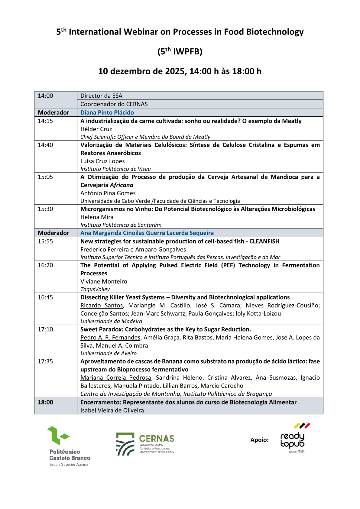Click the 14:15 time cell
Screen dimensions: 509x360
[45, 121]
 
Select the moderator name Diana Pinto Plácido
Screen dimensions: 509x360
[107, 112]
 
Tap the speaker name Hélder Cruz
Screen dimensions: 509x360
[96, 129]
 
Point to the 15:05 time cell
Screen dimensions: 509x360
[45, 177]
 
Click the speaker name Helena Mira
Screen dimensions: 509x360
[97, 217]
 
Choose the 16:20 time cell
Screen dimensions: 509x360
[45, 265]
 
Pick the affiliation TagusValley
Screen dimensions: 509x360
[95, 289]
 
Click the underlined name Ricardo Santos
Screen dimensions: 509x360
[102, 305]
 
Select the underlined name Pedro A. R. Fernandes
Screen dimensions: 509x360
[110, 337]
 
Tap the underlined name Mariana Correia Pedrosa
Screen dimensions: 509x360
[116, 378]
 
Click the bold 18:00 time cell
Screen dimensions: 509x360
[45, 402]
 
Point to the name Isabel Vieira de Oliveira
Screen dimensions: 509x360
[112, 410]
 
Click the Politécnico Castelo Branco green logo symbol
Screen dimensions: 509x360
[57, 436]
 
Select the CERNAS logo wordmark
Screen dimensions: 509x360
[157, 439]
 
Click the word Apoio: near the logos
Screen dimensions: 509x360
[259, 440]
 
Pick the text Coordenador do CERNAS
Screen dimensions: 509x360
[114, 104]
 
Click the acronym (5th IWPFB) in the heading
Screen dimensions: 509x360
[180, 51]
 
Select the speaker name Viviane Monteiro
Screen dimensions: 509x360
[104, 281]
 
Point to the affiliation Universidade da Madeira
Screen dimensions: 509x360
[111, 321]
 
